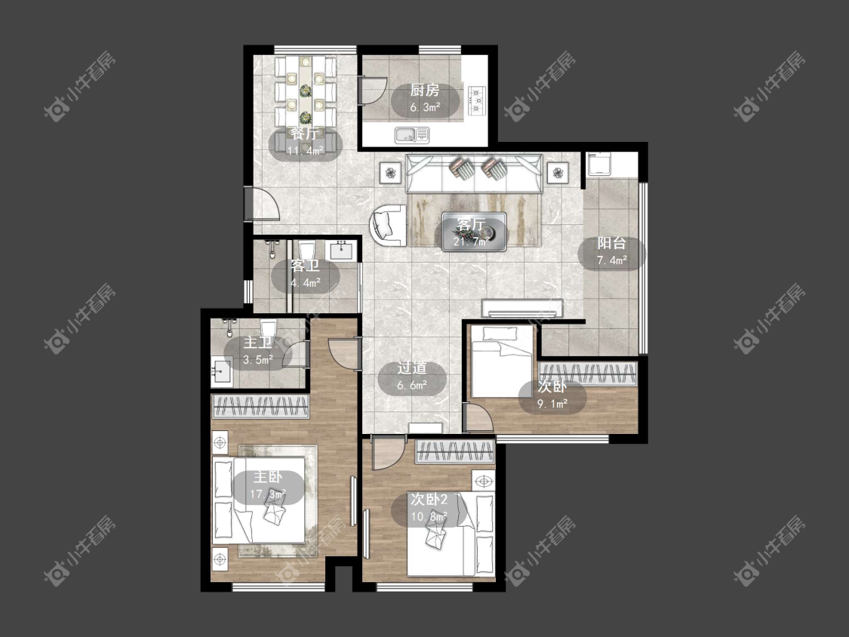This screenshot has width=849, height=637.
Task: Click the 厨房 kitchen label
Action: tap(424, 90)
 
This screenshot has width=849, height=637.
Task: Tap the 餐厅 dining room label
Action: tap(305, 134)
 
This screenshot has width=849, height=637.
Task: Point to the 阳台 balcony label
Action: tap(612, 243)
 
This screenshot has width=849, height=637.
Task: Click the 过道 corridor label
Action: tap(412, 368)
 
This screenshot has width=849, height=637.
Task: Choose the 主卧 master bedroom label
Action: tap(268, 477)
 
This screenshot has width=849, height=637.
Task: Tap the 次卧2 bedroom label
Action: tap(429, 499)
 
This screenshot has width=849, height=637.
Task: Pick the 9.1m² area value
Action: tap(552, 404)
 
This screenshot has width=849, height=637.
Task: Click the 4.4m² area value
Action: tap(306, 283)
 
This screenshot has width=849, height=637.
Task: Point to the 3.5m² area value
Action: tap(258, 360)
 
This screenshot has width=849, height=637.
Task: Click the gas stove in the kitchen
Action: tap(477, 100)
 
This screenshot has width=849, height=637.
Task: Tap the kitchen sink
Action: tap(412, 135)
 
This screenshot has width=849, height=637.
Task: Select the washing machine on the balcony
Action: tap(601, 164)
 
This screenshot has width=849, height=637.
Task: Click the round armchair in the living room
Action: tap(388, 226)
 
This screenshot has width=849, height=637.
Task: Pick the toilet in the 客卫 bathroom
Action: tap(307, 251)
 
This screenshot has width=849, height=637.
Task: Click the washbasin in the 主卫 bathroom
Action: tap(221, 371)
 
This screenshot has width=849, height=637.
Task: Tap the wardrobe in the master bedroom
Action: tap(261, 406)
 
